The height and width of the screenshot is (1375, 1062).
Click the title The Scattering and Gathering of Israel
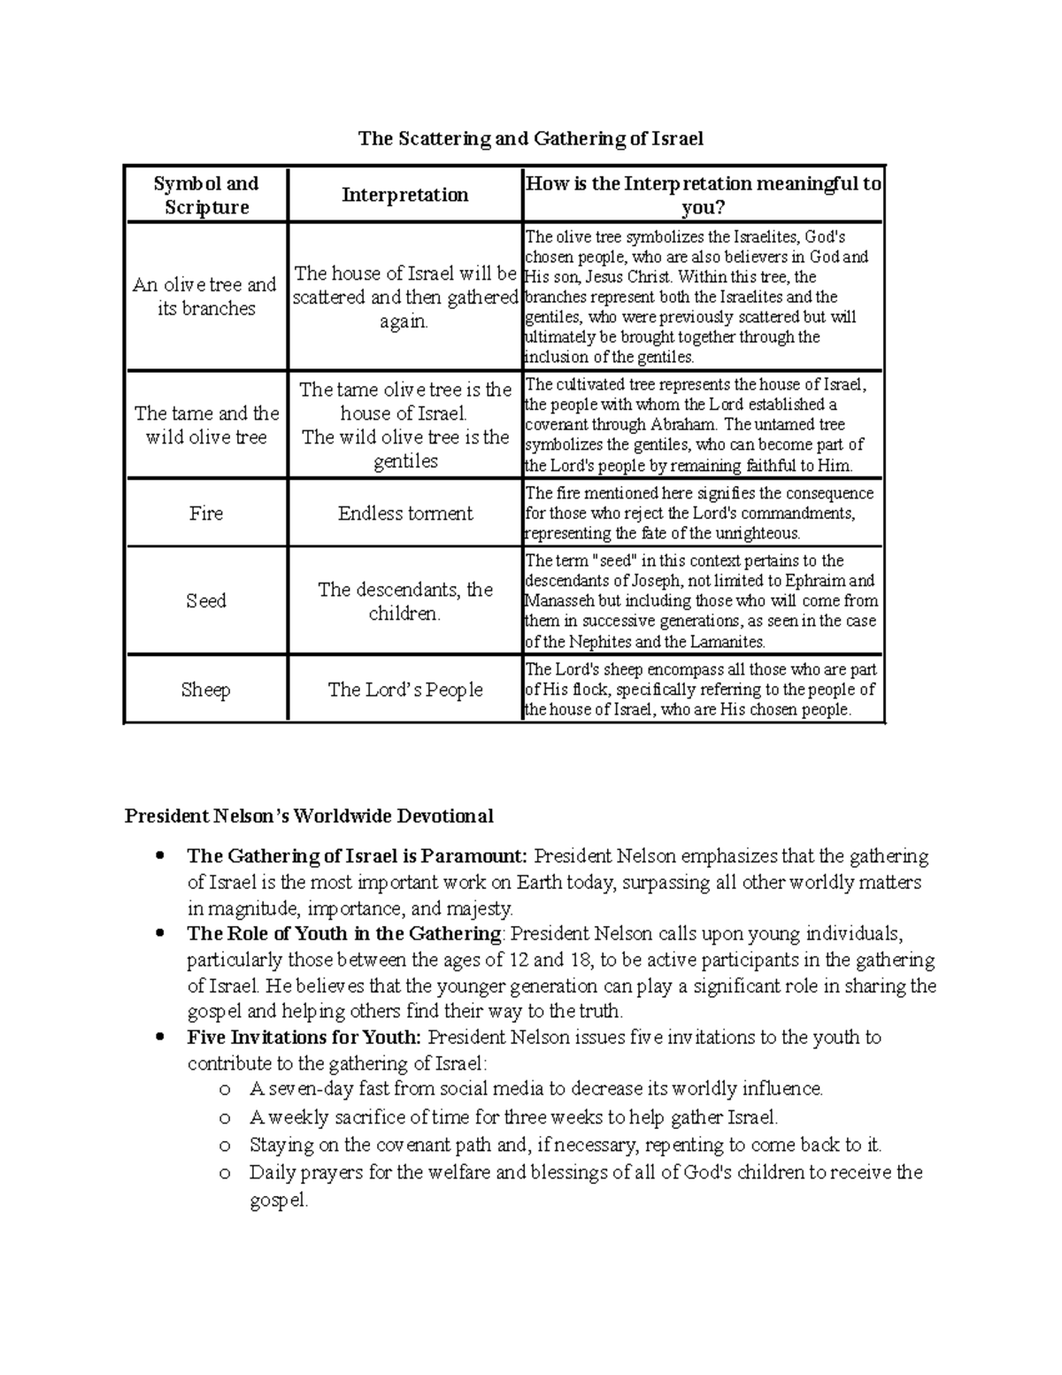[530, 138]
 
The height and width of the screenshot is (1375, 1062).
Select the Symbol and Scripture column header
[206, 195]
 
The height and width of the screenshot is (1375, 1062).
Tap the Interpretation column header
[404, 195]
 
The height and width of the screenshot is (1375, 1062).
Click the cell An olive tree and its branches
[206, 297]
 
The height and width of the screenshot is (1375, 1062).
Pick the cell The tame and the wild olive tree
[206, 425]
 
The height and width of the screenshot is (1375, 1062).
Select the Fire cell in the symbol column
[206, 514]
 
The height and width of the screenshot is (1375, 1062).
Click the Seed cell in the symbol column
[206, 600]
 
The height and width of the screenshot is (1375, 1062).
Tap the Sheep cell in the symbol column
[206, 690]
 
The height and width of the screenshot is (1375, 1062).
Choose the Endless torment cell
[404, 514]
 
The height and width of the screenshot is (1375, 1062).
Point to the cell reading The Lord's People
[404, 690]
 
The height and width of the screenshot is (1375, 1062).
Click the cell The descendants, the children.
[404, 601]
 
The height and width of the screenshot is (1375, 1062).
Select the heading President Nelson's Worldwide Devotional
[309, 815]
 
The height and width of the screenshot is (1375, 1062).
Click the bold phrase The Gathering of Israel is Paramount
[357, 856]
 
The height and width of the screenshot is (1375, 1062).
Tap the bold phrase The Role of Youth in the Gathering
[344, 934]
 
